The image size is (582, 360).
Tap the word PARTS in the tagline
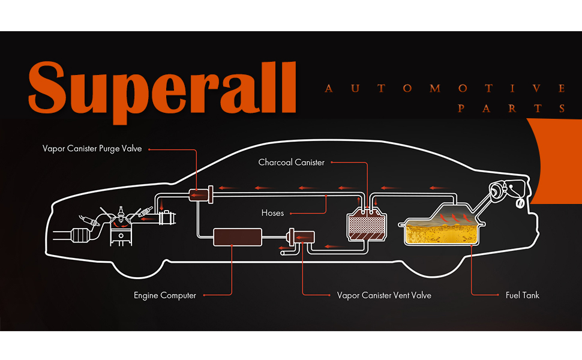click(x=512, y=109)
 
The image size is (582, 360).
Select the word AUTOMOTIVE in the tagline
click(x=445, y=89)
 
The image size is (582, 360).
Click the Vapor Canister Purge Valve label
click(x=92, y=148)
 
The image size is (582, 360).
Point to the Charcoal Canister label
click(x=291, y=162)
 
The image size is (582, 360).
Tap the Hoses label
click(x=272, y=212)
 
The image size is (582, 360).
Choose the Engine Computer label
click(x=165, y=295)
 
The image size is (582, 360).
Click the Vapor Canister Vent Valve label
click(x=384, y=295)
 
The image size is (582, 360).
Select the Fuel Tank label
click(x=522, y=295)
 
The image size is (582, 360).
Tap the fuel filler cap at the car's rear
click(x=497, y=191)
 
